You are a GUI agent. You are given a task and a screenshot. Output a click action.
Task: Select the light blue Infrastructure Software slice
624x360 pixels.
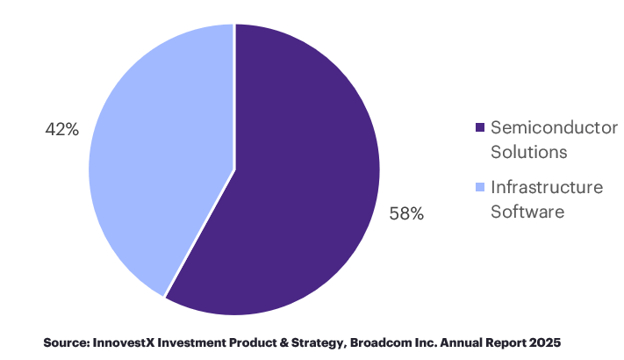pos(158,149)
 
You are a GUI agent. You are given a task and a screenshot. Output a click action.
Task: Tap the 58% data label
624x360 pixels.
pos(406,213)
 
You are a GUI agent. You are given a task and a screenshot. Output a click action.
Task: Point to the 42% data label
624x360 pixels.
pos(62,129)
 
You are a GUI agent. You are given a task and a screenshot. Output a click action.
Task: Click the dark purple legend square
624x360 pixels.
pos(479,128)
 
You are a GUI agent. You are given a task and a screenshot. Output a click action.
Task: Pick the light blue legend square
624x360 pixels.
pos(479,188)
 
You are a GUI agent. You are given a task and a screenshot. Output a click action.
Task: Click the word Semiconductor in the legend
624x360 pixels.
pos(554,128)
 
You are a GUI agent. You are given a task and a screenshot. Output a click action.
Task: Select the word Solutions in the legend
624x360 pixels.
pos(528,152)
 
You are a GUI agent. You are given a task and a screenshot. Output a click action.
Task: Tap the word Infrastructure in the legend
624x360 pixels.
pos(547,188)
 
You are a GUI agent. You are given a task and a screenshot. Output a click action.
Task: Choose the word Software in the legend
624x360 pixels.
pos(527,212)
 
